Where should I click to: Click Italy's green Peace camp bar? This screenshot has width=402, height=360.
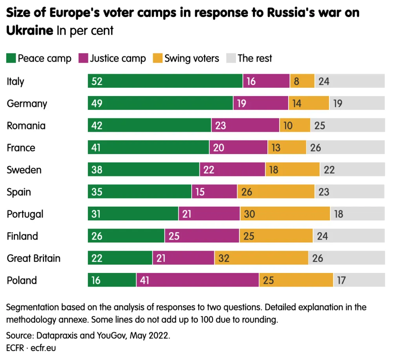165,81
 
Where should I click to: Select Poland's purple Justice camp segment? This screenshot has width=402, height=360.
197,280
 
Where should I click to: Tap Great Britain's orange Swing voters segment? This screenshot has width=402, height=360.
261,258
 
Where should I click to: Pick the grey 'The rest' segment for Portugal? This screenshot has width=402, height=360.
358,214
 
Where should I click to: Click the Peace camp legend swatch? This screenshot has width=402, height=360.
11,58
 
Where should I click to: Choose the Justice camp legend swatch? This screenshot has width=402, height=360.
83,58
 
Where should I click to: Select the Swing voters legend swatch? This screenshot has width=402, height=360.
157,58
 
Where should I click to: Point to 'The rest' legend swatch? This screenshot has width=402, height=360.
231,58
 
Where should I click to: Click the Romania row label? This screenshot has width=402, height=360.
26,126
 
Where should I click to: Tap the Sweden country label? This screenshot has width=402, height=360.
24,170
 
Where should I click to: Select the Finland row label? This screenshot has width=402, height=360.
22,236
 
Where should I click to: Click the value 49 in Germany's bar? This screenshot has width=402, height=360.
97,104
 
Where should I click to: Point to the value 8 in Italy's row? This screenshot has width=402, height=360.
297,82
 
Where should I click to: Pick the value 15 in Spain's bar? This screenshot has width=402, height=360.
201,192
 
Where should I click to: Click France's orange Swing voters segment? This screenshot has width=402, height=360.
287,148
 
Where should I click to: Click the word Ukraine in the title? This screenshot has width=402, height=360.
30,30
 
